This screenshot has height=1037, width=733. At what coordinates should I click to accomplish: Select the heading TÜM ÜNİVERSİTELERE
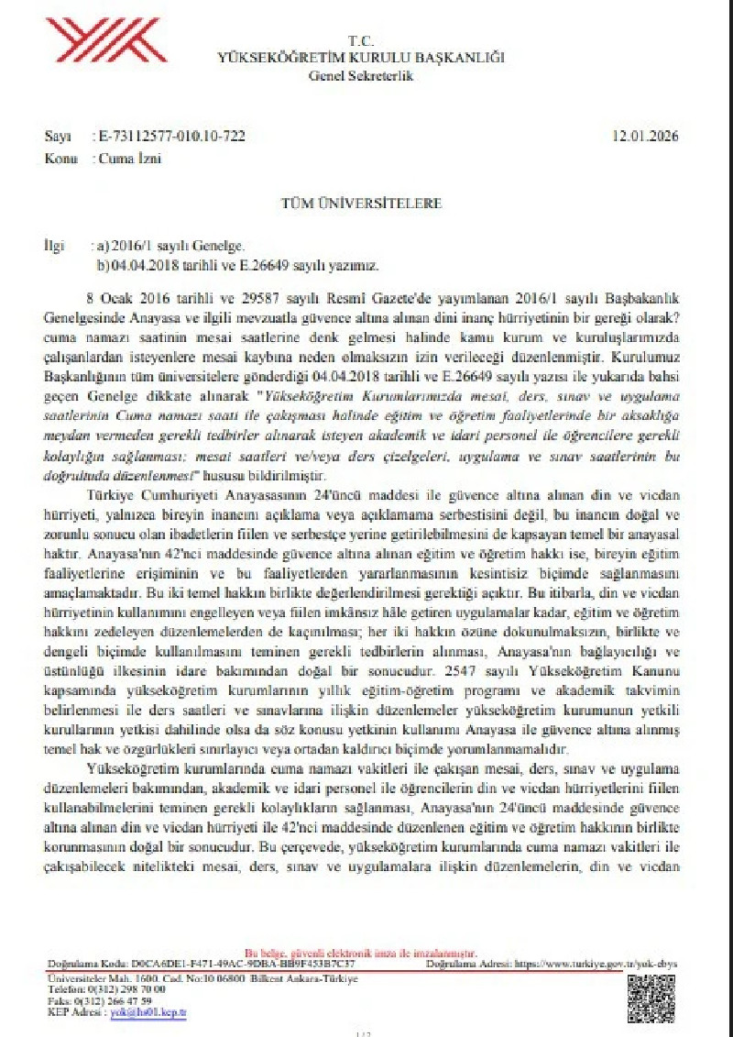click(x=366, y=203)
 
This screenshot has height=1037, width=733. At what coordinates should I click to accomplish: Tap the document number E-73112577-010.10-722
click(x=170, y=138)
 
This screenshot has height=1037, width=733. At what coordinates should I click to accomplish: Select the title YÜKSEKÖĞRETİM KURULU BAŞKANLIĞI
click(x=361, y=58)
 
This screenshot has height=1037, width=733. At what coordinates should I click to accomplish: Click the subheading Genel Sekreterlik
click(x=361, y=76)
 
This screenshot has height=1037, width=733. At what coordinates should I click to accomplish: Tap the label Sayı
click(x=57, y=138)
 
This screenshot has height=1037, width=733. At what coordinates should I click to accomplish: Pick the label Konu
click(x=60, y=158)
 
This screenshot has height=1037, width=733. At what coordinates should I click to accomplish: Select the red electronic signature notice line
click(x=361, y=953)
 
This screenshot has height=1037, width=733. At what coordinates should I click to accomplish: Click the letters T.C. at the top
click(x=361, y=41)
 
